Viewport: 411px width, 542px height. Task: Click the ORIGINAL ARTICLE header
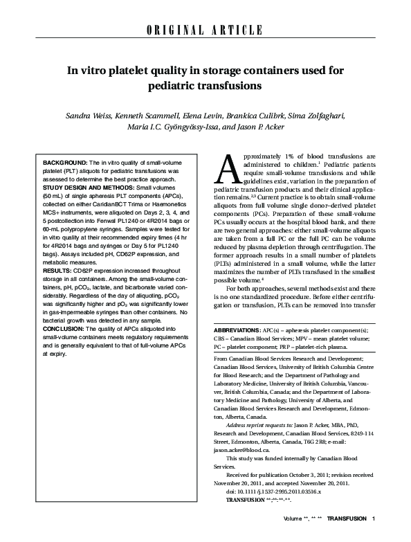coord(205,30)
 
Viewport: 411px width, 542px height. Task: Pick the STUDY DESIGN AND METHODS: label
coord(91,186)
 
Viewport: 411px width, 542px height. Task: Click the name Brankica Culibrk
coord(262,115)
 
